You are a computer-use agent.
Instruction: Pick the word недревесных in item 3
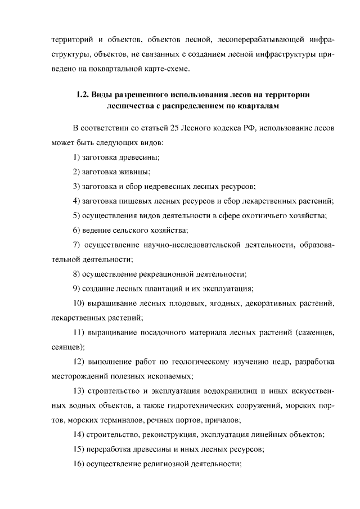(x=157, y=186)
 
